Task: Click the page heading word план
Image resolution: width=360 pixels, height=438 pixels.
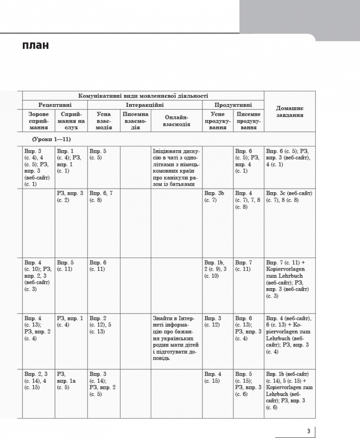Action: [35, 46]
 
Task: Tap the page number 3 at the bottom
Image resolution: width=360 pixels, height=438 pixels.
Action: [308, 431]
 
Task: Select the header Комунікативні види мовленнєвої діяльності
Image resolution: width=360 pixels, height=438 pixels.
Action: [143, 96]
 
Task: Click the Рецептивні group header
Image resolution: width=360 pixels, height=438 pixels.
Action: [55, 105]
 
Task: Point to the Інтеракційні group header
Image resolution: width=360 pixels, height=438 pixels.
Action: [145, 105]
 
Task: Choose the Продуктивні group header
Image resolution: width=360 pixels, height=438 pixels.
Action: [233, 105]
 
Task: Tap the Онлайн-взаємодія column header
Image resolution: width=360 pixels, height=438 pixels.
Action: [177, 120]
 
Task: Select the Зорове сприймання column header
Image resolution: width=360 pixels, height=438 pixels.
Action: [39, 120]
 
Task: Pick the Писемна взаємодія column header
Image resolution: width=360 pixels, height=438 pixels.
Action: [136, 120]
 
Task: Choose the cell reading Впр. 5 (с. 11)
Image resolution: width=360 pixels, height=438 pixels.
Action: [65, 266]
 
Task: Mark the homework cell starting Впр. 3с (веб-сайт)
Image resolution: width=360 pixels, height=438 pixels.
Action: [289, 197]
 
